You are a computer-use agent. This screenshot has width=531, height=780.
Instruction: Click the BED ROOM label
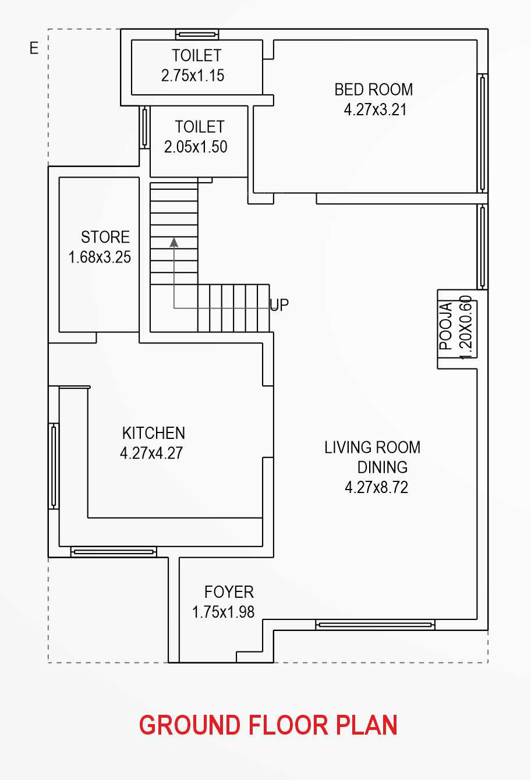pyautogui.click(x=374, y=90)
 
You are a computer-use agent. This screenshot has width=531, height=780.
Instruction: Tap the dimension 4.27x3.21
pyautogui.click(x=375, y=109)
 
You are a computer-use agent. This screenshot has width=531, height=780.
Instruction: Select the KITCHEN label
pyautogui.click(x=154, y=433)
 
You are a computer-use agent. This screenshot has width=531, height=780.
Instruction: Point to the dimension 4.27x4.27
pyautogui.click(x=151, y=453)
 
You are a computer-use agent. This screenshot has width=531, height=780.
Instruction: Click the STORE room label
pyautogui.click(x=105, y=237)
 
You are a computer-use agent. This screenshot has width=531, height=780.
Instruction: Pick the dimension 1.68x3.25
pyautogui.click(x=100, y=257)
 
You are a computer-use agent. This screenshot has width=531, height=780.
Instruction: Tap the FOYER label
pyautogui.click(x=229, y=592)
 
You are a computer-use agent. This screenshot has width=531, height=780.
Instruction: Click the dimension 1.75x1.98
pyautogui.click(x=223, y=612)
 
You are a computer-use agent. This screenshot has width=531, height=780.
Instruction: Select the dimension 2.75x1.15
pyautogui.click(x=193, y=76)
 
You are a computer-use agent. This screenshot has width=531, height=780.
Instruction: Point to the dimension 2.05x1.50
pyautogui.click(x=196, y=147)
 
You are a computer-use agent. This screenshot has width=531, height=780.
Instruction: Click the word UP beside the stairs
pyautogui.click(x=279, y=305)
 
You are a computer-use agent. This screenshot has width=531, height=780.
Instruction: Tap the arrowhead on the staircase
pyautogui.click(x=174, y=242)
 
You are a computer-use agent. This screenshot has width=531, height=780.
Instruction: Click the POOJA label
pyautogui.click(x=446, y=326)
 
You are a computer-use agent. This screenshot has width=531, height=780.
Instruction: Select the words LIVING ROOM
pyautogui.click(x=372, y=448)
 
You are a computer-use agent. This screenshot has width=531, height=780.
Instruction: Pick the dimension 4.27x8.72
pyautogui.click(x=376, y=488)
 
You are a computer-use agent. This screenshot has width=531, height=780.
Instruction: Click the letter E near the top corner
pyautogui.click(x=34, y=48)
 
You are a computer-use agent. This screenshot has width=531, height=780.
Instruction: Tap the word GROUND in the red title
pyautogui.click(x=190, y=725)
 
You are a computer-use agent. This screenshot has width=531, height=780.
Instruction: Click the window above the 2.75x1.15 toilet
pyautogui.click(x=197, y=34)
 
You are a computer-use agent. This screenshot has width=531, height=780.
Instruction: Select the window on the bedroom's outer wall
pyautogui.click(x=482, y=133)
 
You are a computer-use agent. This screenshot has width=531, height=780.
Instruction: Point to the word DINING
pyautogui.click(x=383, y=467)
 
